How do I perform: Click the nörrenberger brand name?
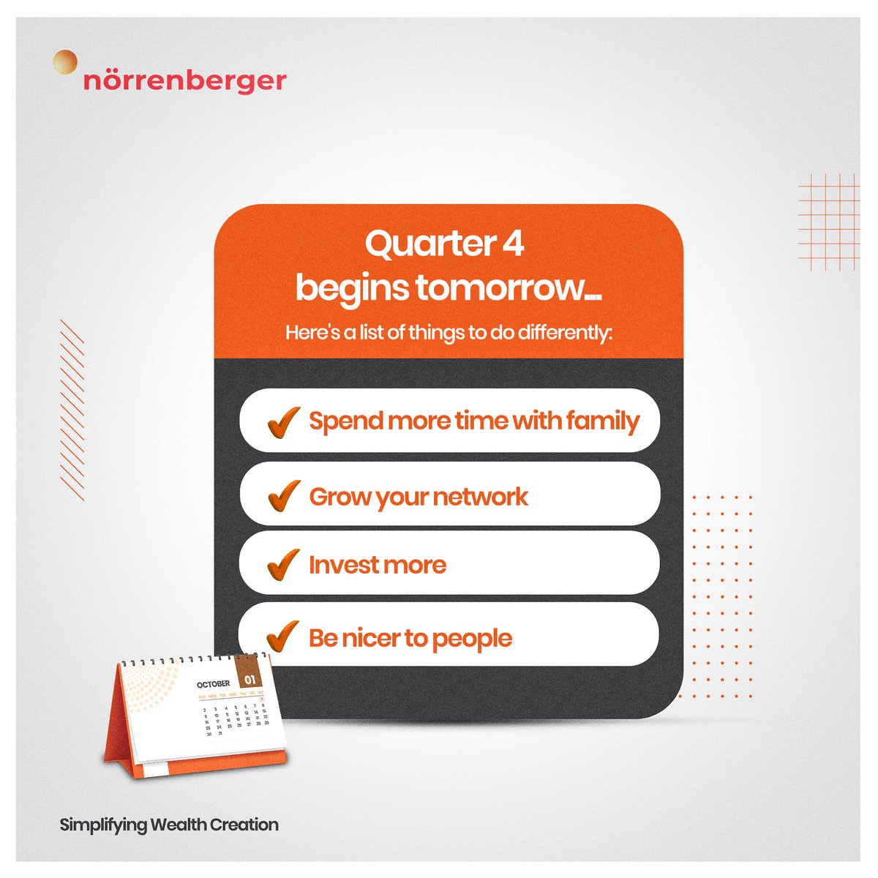point(184,80)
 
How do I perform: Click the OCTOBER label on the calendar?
point(213,684)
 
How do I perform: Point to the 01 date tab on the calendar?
point(249,678)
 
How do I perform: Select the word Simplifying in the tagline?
point(103,825)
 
